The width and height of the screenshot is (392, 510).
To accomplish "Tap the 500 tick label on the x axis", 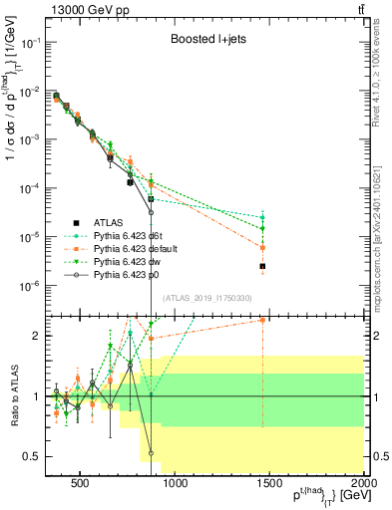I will (80, 485).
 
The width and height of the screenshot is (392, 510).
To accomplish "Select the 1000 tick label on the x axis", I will (176, 485).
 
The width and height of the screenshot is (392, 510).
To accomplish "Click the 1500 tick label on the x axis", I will (270, 485).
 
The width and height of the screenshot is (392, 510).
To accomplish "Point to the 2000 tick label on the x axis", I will (365, 485).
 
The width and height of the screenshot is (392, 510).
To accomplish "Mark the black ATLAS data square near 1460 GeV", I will (262, 266).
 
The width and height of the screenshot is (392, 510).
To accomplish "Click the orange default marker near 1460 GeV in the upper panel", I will (262, 247).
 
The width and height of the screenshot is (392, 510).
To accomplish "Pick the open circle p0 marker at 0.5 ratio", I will (151, 452).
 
